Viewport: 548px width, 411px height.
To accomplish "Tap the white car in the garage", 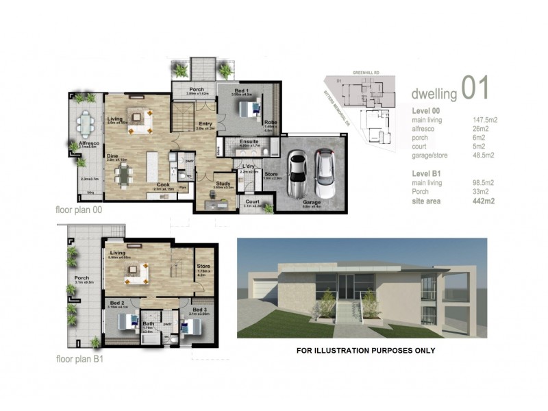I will point(297,174).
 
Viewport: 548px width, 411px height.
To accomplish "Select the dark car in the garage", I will point(324,173).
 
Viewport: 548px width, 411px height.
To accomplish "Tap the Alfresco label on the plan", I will point(88,142).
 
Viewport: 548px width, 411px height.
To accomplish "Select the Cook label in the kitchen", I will point(162,183).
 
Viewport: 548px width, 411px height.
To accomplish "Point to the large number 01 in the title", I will point(475,88).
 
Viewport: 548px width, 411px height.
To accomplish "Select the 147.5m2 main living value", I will point(484,120).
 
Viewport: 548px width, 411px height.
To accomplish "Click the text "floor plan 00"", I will point(79,210).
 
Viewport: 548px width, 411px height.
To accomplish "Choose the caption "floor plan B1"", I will point(79,358).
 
